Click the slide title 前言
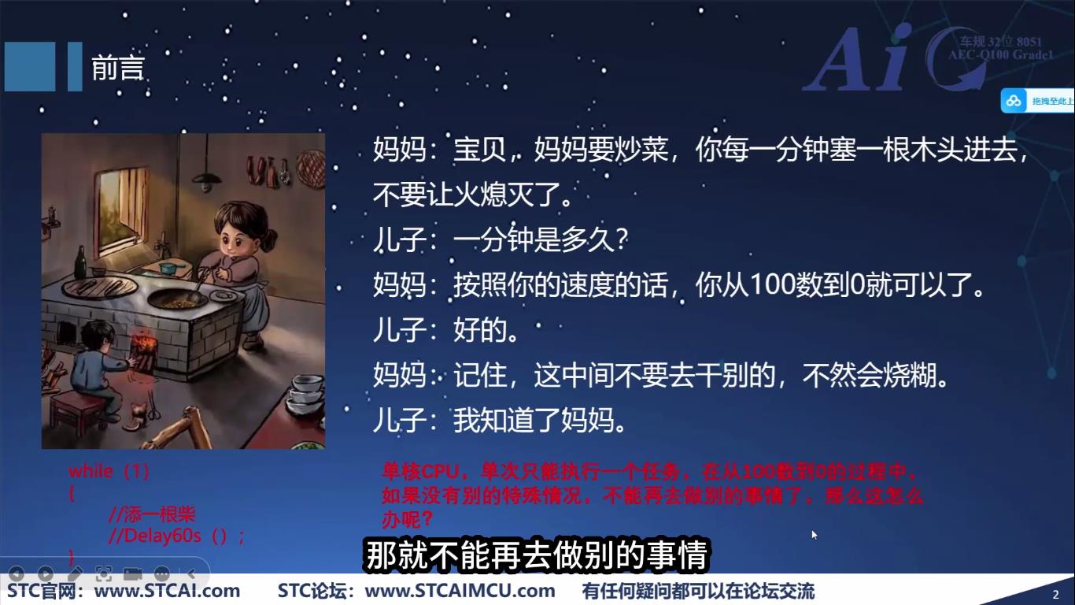[x=118, y=69]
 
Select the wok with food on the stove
[x=177, y=299]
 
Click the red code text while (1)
[x=109, y=471]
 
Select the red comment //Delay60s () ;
[x=177, y=536]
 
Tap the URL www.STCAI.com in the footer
[x=167, y=591]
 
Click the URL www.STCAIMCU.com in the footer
[x=460, y=591]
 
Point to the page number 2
[x=1055, y=594]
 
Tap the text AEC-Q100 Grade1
[x=999, y=54]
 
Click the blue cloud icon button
[x=1014, y=101]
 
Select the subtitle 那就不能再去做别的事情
[x=537, y=555]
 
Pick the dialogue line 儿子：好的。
[x=446, y=331]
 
